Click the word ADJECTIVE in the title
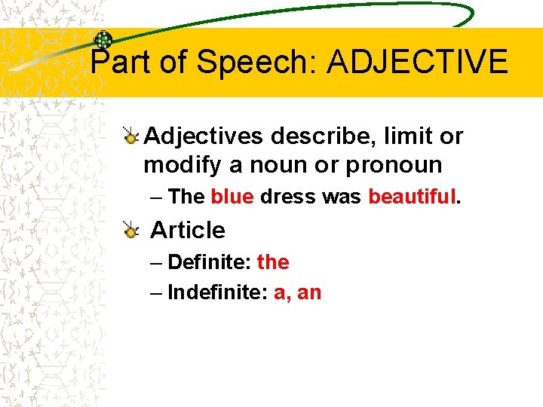(x=417, y=62)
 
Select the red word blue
(x=232, y=197)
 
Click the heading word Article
(x=189, y=230)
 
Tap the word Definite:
(x=210, y=262)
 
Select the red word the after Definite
(x=273, y=262)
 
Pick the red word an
(x=309, y=293)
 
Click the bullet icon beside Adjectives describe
(x=131, y=136)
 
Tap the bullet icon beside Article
(x=131, y=230)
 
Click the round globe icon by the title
(x=103, y=40)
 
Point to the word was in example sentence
(x=342, y=197)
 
